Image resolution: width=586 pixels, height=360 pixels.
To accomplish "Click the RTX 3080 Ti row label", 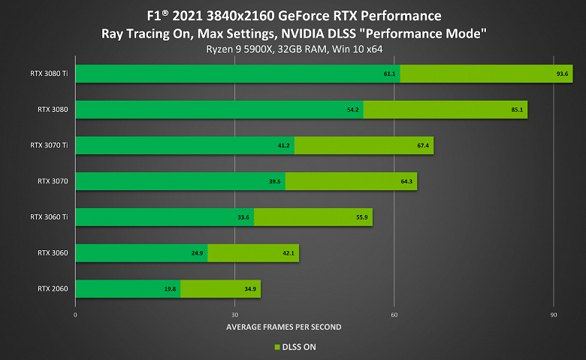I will point(47,73).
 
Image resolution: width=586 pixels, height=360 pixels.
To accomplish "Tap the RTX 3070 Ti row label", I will point(47,145).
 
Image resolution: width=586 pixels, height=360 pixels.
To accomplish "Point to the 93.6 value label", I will point(562,74).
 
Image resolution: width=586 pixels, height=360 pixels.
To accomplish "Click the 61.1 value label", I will point(390,74).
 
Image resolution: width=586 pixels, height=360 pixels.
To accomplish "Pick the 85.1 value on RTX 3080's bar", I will point(517,110).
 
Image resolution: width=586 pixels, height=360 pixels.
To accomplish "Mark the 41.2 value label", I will point(284,146).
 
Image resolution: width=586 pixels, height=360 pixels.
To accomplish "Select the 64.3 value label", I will point(406,182).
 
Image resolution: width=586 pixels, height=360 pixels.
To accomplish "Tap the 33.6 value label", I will point(243,218).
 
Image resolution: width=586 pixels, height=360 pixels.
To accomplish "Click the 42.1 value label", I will point(288,254).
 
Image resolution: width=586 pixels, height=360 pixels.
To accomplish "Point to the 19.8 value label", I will point(170,289).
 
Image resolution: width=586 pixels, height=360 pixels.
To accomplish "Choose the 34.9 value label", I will point(250,289).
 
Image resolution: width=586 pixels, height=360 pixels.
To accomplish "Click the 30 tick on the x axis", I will point(235,314).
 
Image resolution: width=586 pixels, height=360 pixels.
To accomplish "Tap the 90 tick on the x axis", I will point(553,314).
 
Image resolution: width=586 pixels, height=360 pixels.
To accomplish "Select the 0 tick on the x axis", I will point(75,314).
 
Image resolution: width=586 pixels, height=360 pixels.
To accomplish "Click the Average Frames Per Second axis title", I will point(283,327).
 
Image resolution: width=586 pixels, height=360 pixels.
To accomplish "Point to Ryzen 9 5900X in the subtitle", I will point(236,49).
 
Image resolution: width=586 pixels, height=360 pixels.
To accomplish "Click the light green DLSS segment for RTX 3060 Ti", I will point(313,217).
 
